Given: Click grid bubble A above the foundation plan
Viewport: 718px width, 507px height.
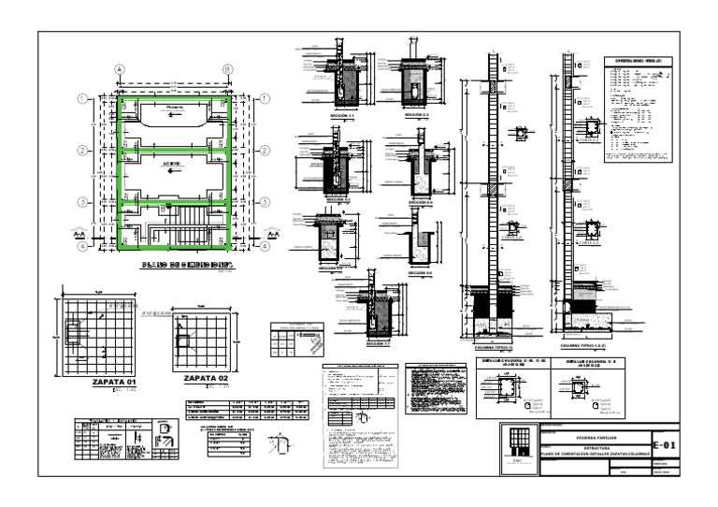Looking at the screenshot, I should point(120,69).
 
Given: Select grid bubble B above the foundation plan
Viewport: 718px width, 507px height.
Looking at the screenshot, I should point(227,69).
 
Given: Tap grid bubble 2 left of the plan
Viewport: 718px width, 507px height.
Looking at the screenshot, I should point(82,149).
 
